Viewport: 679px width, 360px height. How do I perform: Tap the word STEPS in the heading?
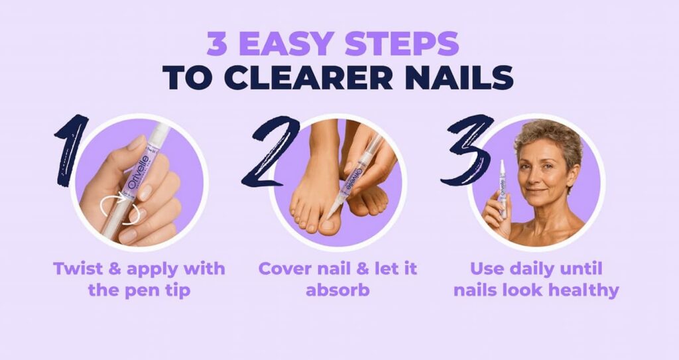pyautogui.click(x=404, y=44)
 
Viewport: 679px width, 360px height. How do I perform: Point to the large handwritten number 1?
pyautogui.click(x=71, y=150)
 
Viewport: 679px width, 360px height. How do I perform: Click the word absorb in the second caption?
pyautogui.click(x=337, y=290)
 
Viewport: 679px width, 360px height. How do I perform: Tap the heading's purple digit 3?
pyautogui.click(x=219, y=44)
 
